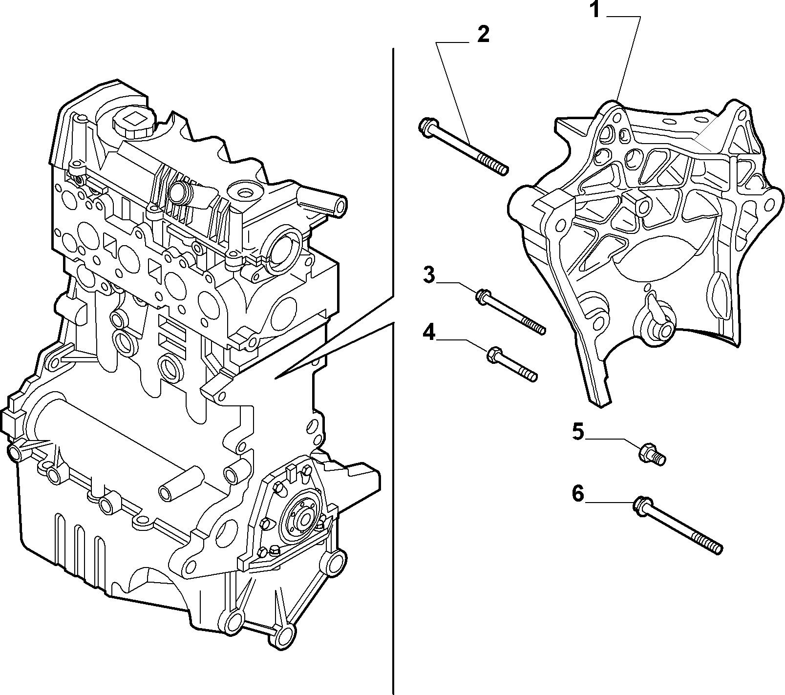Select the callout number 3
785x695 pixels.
[x=428, y=275]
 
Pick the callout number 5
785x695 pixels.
[x=578, y=432]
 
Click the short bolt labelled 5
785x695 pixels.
[x=652, y=454]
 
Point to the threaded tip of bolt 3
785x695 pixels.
[x=534, y=325]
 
